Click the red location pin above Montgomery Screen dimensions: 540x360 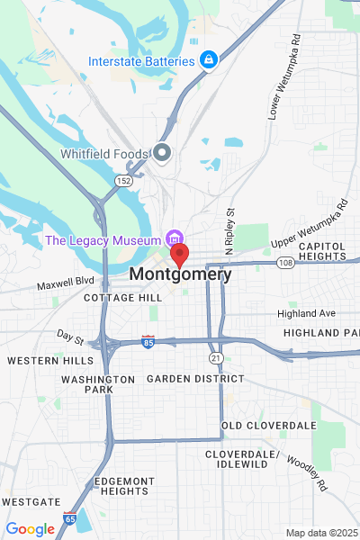point(180,254)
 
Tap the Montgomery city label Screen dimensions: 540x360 point(180,274)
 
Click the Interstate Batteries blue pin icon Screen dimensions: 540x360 point(209,60)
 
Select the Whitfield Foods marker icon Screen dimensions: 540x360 point(163,153)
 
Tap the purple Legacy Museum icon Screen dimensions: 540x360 point(173,239)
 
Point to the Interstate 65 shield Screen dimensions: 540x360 point(70,517)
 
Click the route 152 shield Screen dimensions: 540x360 point(120,181)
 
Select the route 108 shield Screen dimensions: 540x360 point(285,263)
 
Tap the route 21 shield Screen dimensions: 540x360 point(216,358)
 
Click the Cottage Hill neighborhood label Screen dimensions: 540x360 point(123,297)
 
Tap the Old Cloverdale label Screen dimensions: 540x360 point(269,425)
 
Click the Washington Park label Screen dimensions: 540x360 point(98,385)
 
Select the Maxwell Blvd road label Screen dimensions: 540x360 point(65,285)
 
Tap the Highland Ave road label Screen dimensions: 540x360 point(306,313)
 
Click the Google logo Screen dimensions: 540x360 point(30,529)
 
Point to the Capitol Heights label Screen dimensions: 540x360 point(321,251)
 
